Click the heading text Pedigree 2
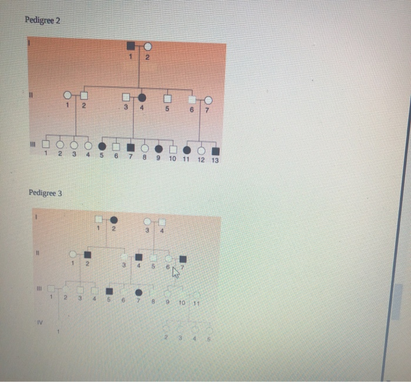[x=42, y=21]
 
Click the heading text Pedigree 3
[x=45, y=193]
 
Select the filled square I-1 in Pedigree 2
[x=130, y=46]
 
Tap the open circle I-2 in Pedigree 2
[x=148, y=46]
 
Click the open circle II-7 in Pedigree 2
[x=208, y=101]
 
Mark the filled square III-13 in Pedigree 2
[x=215, y=151]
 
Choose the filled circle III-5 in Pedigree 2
[x=102, y=146]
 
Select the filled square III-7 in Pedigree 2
[x=131, y=146]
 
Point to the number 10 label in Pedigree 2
[x=173, y=159]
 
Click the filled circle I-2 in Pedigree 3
[x=113, y=219]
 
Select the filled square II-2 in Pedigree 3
[x=87, y=254]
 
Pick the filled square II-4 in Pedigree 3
[x=139, y=257]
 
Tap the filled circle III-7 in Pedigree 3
[x=139, y=292]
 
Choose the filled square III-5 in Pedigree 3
[x=109, y=291]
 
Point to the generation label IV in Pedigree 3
[x=39, y=321]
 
